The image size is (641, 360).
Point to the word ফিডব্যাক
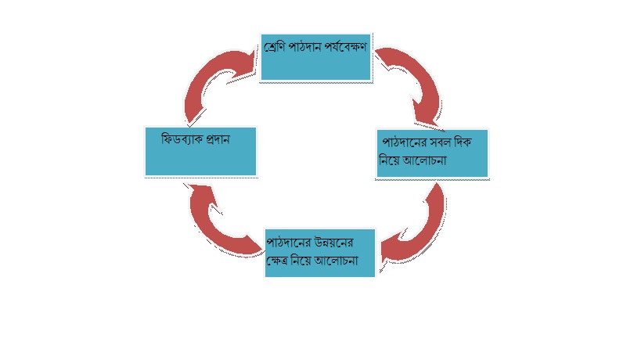179,137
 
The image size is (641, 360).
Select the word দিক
473,143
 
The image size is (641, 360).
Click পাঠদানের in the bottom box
289,242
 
